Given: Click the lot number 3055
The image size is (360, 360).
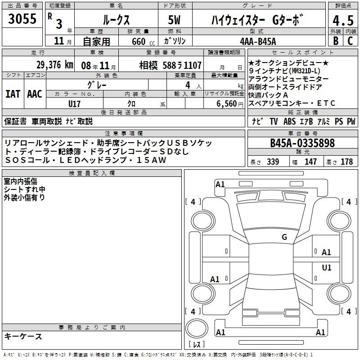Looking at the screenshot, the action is (x=22, y=19).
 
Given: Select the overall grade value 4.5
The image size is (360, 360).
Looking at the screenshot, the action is (x=343, y=20).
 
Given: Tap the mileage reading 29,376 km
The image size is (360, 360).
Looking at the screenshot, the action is (x=55, y=65).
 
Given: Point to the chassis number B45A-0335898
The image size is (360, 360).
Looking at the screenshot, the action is (x=302, y=143).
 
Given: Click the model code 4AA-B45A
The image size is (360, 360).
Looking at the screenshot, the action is (x=258, y=41).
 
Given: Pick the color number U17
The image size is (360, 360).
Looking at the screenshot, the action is (x=74, y=104).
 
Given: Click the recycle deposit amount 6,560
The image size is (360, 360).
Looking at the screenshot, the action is (x=227, y=103).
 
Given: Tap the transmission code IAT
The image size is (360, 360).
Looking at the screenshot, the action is (x=13, y=94).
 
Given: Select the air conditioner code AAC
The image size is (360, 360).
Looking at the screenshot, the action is (x=35, y=94).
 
